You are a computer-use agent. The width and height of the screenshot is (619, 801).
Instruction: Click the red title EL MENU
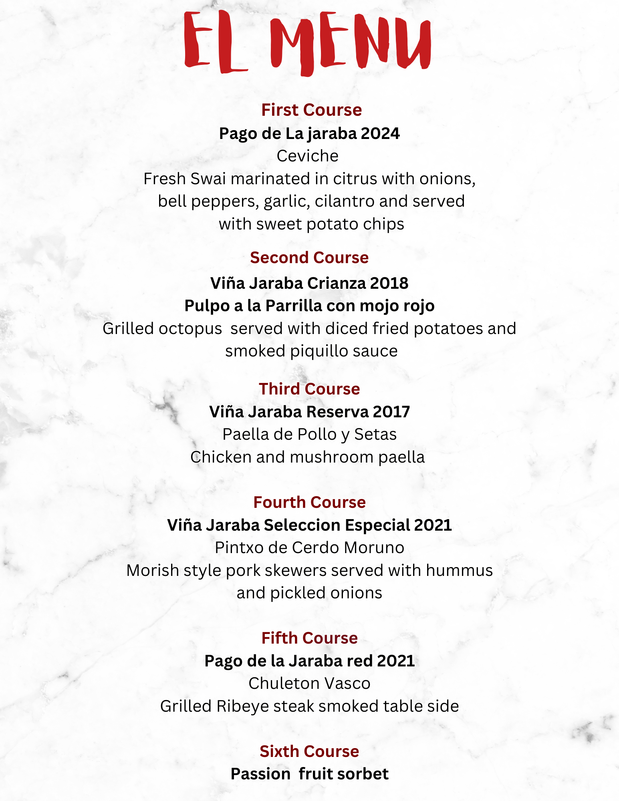click(x=307, y=42)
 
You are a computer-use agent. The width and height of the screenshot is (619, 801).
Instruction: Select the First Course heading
click(x=311, y=110)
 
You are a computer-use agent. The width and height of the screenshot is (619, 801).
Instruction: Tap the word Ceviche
click(x=307, y=156)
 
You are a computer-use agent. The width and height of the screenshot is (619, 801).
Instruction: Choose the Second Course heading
click(x=309, y=258)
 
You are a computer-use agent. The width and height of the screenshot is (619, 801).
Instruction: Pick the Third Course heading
click(x=309, y=389)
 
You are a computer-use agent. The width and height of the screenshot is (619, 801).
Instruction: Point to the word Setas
click(x=375, y=435)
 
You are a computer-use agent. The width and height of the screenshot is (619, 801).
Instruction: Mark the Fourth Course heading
click(x=309, y=502)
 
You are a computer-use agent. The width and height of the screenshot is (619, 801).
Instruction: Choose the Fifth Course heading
click(x=309, y=638)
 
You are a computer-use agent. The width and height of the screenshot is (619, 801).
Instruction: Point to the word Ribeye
click(x=242, y=706)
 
